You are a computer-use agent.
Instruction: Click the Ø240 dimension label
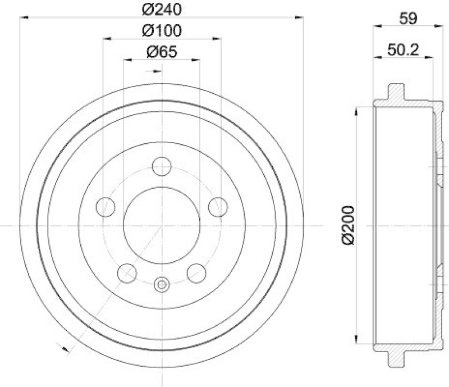point(162,9)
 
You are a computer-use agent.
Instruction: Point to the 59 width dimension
point(408,18)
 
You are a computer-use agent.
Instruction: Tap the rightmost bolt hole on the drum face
point(218,207)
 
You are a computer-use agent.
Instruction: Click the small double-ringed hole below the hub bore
point(162,285)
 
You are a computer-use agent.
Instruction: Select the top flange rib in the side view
point(396,92)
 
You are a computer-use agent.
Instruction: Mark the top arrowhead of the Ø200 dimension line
point(355,110)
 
